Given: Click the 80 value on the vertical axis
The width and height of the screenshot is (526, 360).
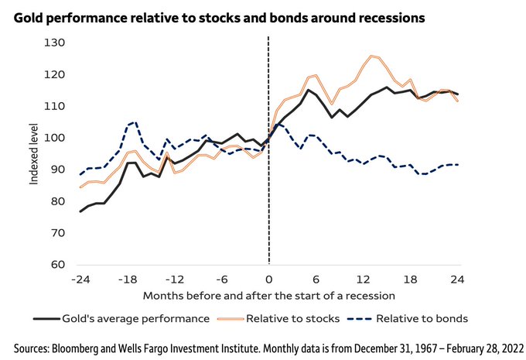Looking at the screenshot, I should point(56,201).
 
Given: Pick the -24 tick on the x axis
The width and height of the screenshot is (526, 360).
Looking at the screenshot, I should point(80,279).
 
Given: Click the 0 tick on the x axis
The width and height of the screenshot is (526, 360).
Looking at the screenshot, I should point(268,279).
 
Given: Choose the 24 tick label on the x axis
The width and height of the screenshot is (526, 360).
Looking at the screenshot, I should point(458,279).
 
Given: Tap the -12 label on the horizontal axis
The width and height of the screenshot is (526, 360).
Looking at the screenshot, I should point(175,279).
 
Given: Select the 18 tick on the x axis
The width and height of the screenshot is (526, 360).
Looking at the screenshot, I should point(411,279).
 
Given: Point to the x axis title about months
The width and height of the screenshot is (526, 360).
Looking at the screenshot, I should point(268,296).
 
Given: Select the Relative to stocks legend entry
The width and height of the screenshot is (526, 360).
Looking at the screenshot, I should point(292,317).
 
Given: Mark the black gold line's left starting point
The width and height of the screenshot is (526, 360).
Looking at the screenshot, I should point(80,211).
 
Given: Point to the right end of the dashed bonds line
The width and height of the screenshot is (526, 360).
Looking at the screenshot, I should point(458,164).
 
